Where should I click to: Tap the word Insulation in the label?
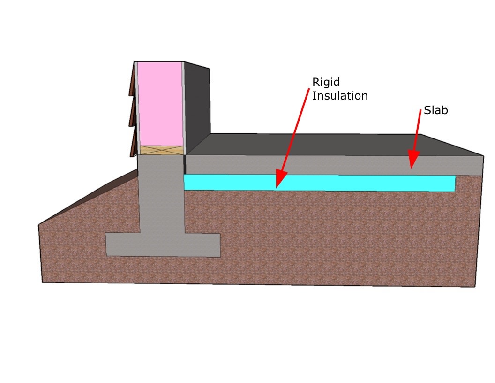click(340, 96)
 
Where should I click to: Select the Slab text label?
click(435, 111)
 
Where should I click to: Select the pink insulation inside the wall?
click(159, 103)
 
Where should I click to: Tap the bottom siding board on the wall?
click(133, 143)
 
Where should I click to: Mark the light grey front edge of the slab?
click(328, 165)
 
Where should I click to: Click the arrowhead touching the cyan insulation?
click(280, 181)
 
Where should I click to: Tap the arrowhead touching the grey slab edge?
click(412, 160)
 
